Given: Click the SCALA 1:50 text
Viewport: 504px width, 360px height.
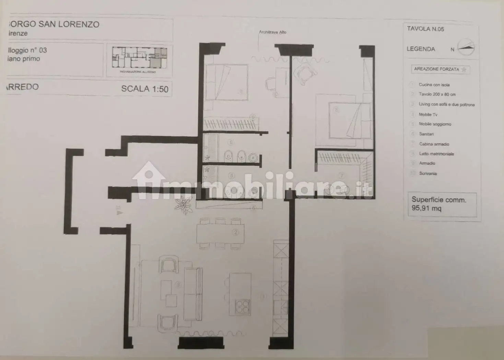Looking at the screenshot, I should (x=144, y=89).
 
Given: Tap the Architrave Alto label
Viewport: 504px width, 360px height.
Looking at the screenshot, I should (x=273, y=32).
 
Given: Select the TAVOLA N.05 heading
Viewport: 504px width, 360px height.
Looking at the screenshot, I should (x=425, y=29).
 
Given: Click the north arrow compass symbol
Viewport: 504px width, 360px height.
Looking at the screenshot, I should (x=466, y=47).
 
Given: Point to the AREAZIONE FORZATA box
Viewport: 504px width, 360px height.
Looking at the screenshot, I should (x=440, y=69).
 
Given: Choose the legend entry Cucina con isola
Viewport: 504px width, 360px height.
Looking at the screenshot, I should (x=434, y=85).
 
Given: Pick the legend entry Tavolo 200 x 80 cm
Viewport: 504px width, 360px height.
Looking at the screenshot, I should (x=437, y=94).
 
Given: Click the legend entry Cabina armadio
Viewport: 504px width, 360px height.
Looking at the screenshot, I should (x=434, y=144).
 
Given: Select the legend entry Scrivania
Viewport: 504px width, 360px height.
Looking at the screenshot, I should (x=428, y=173).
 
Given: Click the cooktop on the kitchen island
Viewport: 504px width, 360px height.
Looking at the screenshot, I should (x=243, y=306).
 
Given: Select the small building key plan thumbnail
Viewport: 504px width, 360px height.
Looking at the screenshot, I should (x=139, y=58).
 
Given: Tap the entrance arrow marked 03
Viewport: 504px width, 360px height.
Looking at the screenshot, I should (x=119, y=213).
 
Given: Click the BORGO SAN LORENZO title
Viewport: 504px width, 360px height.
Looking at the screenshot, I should (x=54, y=24).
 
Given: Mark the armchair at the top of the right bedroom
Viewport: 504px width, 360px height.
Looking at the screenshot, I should (x=305, y=73).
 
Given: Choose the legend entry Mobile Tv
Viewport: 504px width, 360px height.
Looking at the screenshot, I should (x=428, y=115).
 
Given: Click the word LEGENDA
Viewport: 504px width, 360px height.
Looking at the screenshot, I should (x=421, y=49).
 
